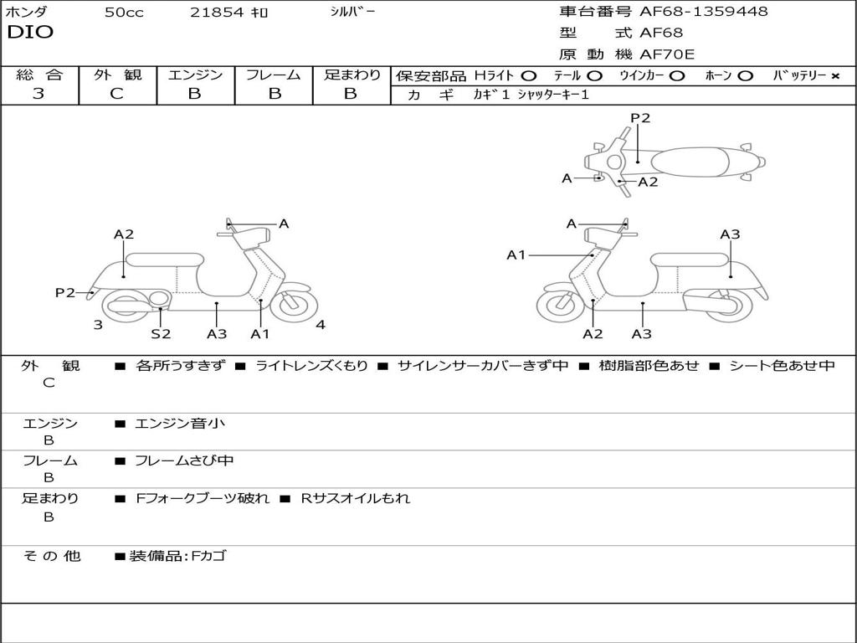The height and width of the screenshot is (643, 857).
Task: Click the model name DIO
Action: pos(30,33)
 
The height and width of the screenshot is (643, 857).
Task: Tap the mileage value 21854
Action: pos(217,13)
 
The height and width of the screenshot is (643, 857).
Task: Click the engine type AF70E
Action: pos(667,54)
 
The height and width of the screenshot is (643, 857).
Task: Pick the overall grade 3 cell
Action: pos(38,94)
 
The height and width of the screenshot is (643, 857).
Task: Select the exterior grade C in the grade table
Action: pos(117,94)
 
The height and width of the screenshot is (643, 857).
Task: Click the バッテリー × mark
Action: pos(834,75)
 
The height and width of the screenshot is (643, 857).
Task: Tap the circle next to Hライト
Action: pos(528,75)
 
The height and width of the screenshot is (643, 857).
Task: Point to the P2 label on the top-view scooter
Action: pos(640,118)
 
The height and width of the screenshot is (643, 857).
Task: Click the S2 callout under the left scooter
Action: pos(161,334)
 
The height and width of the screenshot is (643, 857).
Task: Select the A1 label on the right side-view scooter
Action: pos(516,255)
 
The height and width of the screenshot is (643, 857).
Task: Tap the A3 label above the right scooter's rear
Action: pos(730,234)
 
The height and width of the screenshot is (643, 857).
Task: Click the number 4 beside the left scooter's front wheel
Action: pos(321,325)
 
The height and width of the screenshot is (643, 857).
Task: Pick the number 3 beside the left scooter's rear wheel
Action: pos(98,325)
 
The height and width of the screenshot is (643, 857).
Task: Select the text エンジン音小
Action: pos(180,424)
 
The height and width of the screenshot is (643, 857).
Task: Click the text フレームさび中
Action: pos(184,460)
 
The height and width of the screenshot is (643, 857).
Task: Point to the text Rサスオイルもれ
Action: pos(356,498)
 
